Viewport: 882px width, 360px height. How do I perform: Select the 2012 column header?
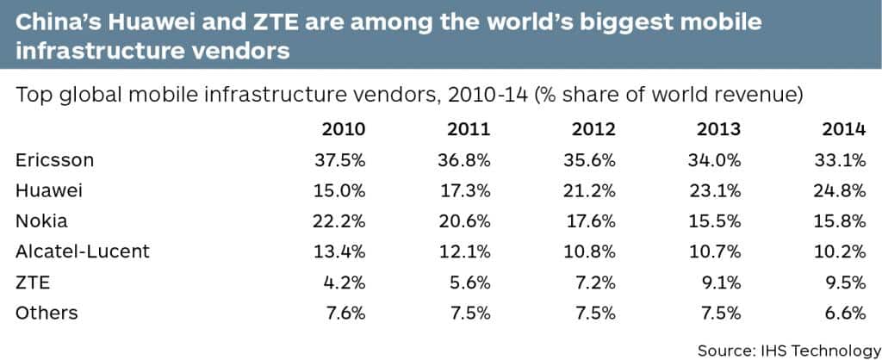[593, 130]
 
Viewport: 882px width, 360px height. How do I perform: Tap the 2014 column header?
[842, 130]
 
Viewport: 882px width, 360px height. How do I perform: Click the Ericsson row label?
[54, 160]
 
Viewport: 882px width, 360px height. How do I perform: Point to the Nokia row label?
[42, 220]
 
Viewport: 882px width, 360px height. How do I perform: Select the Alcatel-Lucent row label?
[83, 251]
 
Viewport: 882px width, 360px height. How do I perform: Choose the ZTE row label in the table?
[32, 282]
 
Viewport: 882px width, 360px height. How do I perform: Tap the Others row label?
[47, 312]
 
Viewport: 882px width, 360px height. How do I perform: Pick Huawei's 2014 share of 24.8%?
[840, 190]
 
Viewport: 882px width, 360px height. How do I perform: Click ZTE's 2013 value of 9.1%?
[719, 282]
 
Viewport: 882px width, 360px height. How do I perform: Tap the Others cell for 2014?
[844, 312]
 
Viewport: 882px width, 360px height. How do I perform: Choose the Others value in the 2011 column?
[469, 312]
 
